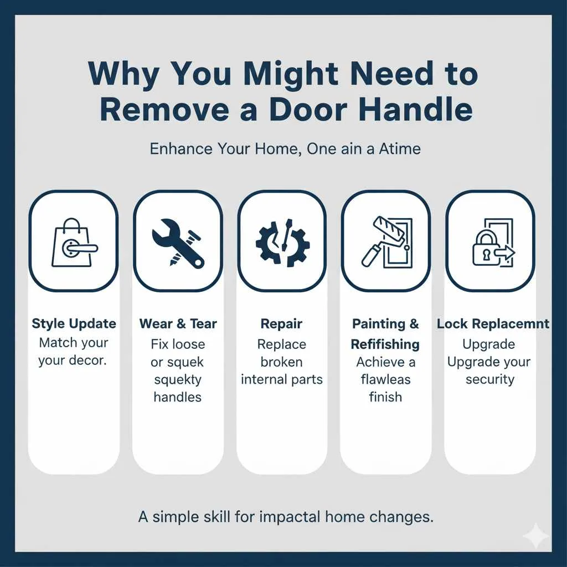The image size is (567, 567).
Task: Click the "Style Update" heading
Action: click(x=74, y=324)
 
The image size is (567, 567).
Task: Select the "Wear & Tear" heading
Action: click(x=178, y=324)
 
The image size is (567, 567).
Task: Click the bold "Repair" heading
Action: click(x=281, y=324)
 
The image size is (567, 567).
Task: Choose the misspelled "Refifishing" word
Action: click(x=385, y=344)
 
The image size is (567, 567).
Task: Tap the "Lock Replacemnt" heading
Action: click(x=493, y=324)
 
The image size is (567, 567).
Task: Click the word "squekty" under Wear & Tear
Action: click(x=177, y=379)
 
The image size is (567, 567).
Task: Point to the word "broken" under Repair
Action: click(x=281, y=362)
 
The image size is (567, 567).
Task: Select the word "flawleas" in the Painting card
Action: click(x=385, y=379)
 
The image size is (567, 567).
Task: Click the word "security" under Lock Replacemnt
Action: click(x=489, y=379)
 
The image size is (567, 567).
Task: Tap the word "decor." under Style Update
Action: click(x=88, y=361)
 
